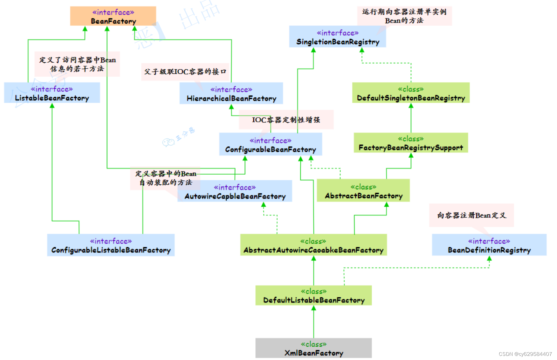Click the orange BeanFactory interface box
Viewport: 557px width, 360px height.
pos(113,16)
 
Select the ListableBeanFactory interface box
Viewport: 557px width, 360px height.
pos(52,93)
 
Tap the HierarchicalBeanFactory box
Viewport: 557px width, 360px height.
pos(231,94)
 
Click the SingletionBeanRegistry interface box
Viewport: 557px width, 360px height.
pos(337,37)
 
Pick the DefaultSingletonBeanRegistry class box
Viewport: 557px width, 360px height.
pos(410,93)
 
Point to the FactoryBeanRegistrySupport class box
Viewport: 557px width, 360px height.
pos(410,143)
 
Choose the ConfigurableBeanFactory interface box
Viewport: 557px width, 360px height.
pos(270,145)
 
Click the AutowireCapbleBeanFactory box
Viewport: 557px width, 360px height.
pos(235,191)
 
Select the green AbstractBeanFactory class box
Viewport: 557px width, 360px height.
pos(363,191)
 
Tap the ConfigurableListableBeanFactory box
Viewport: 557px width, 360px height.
pos(111,246)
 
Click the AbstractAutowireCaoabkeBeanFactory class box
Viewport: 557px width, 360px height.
pos(313,246)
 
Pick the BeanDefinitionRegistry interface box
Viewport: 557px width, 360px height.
pos(489,246)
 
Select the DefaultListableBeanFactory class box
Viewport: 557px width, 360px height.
pos(313,296)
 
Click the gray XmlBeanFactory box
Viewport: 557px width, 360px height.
pos(313,348)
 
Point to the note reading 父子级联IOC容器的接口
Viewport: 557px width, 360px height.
pos(185,72)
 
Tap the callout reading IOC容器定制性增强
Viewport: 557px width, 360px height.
pos(286,120)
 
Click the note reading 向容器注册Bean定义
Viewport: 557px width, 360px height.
pos(471,215)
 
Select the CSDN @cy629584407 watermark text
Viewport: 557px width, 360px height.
pos(525,354)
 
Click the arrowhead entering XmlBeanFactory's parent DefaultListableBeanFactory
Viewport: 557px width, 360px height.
pos(314,308)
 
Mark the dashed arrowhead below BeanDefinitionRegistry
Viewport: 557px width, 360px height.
pos(489,259)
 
